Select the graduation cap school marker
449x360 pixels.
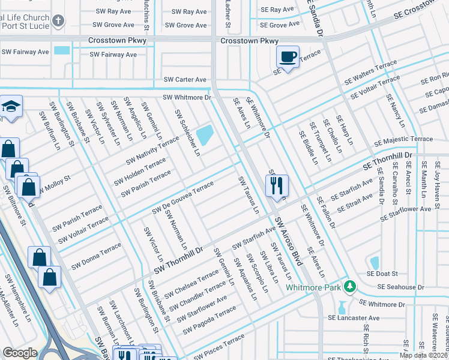click(x=10, y=107)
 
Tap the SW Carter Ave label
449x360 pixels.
click(x=185, y=80)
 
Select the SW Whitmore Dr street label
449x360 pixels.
click(x=187, y=97)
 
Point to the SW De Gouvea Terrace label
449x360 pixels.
click(x=183, y=197)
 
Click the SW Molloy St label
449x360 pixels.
click(x=53, y=184)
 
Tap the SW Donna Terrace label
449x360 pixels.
click(x=96, y=256)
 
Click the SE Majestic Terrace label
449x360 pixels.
click(x=403, y=139)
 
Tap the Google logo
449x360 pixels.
click(x=20, y=353)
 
